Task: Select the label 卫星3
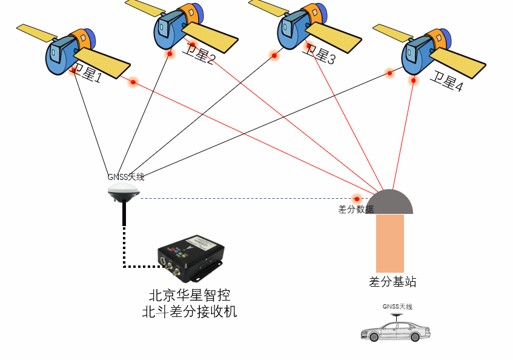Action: [x=318, y=55]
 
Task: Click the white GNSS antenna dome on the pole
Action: [x=124, y=193]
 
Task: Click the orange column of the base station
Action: [x=390, y=242]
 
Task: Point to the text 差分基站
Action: [x=392, y=282]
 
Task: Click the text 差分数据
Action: [x=356, y=210]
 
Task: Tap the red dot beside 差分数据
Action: [x=357, y=198]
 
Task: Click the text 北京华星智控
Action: [x=190, y=296]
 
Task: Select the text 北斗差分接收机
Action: [x=190, y=312]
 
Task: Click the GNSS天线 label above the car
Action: [x=397, y=307]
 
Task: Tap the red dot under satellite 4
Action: [x=414, y=80]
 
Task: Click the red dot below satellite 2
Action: [x=170, y=54]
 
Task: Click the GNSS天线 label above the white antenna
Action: [x=126, y=177]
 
